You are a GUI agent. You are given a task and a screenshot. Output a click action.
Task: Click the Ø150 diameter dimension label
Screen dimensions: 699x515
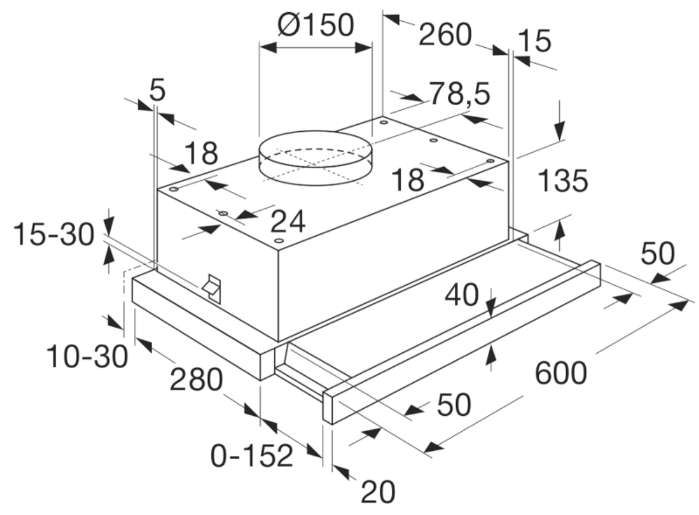pyautogui.click(x=316, y=24)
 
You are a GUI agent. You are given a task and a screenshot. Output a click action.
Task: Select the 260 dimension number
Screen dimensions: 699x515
pyautogui.click(x=445, y=34)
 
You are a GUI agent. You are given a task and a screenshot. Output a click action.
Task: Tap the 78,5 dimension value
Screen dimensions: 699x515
pyautogui.click(x=460, y=94)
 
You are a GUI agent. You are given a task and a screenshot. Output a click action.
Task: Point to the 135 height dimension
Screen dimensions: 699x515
pyautogui.click(x=563, y=181)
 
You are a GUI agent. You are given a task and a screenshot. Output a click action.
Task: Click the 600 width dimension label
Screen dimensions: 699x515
pyautogui.click(x=561, y=373)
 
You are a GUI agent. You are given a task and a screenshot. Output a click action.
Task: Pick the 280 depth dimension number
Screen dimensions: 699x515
pyautogui.click(x=196, y=379)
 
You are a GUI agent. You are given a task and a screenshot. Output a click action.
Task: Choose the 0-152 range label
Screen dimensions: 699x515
pyautogui.click(x=252, y=456)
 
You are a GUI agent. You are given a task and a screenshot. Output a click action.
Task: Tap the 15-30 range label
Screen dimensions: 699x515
pyautogui.click(x=54, y=234)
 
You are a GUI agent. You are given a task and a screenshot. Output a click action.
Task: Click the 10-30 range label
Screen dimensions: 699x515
pyautogui.click(x=87, y=357)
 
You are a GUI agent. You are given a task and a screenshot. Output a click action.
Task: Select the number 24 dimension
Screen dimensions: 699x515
pyautogui.click(x=288, y=222)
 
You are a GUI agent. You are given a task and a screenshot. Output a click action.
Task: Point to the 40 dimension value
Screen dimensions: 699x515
pyautogui.click(x=461, y=295)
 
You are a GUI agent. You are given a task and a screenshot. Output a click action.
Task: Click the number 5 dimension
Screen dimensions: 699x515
pyautogui.click(x=157, y=90)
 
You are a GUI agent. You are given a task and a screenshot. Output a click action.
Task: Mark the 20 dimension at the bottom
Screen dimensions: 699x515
pyautogui.click(x=378, y=492)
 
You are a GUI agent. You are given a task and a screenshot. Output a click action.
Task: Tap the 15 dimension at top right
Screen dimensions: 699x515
pyautogui.click(x=535, y=41)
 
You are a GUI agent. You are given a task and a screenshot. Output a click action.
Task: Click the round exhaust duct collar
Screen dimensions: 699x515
pyautogui.click(x=316, y=157)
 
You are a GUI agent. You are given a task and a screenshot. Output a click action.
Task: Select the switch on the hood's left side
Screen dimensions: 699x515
pyautogui.click(x=212, y=289)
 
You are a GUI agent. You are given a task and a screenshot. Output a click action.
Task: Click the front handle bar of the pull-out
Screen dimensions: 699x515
pyautogui.click(x=462, y=342)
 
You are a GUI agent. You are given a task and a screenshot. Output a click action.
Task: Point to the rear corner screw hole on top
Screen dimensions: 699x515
pyautogui.click(x=384, y=122)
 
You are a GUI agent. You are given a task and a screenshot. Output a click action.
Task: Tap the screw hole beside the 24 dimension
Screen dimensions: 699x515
pyautogui.click(x=223, y=213)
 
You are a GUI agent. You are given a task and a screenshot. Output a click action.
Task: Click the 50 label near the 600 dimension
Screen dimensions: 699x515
pyautogui.click(x=658, y=254)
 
